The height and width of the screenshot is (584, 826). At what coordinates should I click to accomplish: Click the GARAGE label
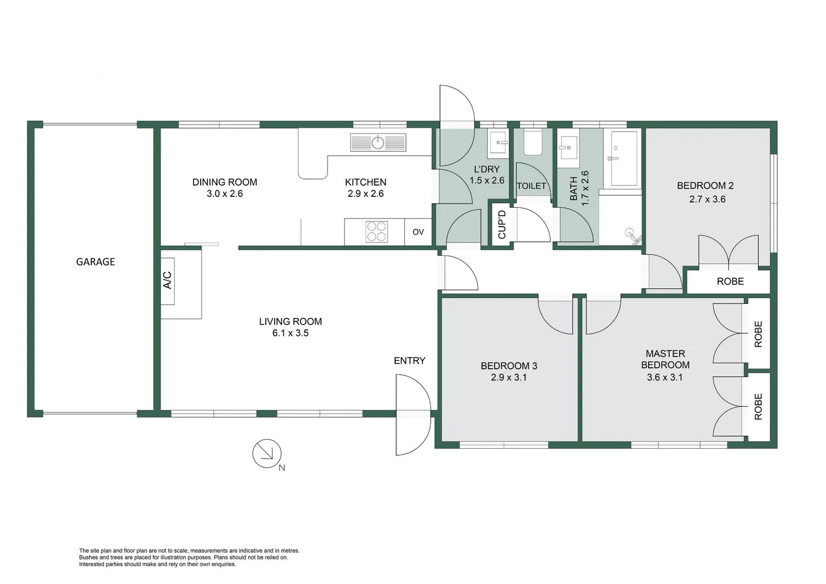pos(95,262)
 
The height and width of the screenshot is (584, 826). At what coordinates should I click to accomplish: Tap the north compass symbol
pos(267,453)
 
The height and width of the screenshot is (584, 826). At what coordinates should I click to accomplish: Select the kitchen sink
pos(378,143)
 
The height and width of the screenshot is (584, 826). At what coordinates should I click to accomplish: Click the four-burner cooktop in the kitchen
pos(376,231)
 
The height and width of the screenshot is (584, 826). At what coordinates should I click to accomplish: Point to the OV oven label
pos(418,232)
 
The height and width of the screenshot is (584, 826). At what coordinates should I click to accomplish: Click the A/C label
pos(168,280)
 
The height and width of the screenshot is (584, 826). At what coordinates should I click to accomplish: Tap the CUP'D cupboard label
pos(502,224)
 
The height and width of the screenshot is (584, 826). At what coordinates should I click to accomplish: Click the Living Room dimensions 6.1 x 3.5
pos(290,333)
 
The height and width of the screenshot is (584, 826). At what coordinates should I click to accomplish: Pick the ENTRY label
pos(409,361)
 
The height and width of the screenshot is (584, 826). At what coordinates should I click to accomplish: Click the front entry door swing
pos(412,415)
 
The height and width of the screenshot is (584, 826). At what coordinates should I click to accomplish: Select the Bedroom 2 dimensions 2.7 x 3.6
pos(707,199)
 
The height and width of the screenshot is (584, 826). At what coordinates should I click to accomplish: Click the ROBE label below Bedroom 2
pos(730,281)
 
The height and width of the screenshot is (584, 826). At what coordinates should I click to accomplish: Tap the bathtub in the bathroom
pos(624,157)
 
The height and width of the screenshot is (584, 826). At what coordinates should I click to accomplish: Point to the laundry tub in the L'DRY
pos(498,143)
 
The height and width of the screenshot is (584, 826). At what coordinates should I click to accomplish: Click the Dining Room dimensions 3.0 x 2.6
pos(224,194)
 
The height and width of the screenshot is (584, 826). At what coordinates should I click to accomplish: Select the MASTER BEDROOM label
pos(665,359)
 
